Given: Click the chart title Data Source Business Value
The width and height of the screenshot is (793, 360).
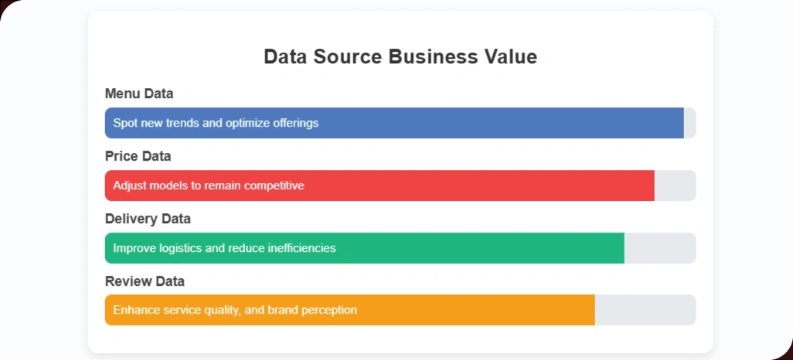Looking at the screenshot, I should coord(400,56).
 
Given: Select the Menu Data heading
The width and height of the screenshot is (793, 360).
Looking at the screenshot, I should coord(139,93).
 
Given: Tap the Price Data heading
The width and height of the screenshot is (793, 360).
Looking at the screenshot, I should coord(138,156).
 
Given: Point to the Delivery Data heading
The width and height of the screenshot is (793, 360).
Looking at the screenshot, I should coord(148,219).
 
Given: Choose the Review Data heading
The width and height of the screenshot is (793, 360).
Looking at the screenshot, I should coord(145,281).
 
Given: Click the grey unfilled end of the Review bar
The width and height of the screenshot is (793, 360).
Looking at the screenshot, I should coord(645,310).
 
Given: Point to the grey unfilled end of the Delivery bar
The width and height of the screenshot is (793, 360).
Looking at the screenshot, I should coord(659,248).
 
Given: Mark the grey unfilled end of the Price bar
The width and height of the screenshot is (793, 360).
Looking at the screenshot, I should coord(675,185).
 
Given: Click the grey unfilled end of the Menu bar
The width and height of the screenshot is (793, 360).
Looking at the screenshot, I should coord(690,123).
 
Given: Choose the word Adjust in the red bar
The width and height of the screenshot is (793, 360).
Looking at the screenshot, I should coord(129,185).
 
